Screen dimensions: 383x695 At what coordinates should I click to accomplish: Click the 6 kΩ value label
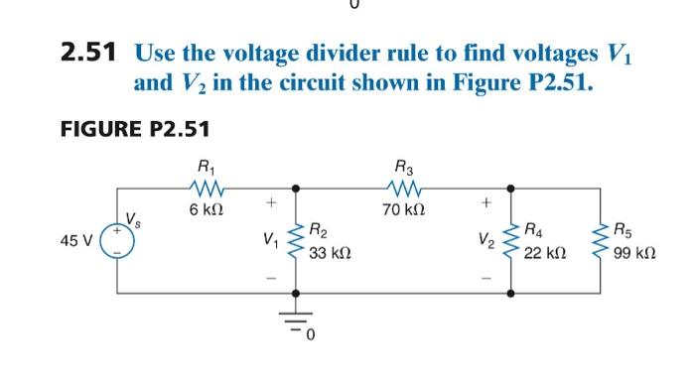pyautogui.click(x=205, y=208)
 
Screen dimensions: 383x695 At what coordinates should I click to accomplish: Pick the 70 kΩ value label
pyautogui.click(x=406, y=208)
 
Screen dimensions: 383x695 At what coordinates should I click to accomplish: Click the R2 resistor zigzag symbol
pyautogui.click(x=295, y=241)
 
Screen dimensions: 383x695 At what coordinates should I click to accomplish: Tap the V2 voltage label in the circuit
pyautogui.click(x=486, y=241)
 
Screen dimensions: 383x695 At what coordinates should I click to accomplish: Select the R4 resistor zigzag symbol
pyautogui.click(x=512, y=241)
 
